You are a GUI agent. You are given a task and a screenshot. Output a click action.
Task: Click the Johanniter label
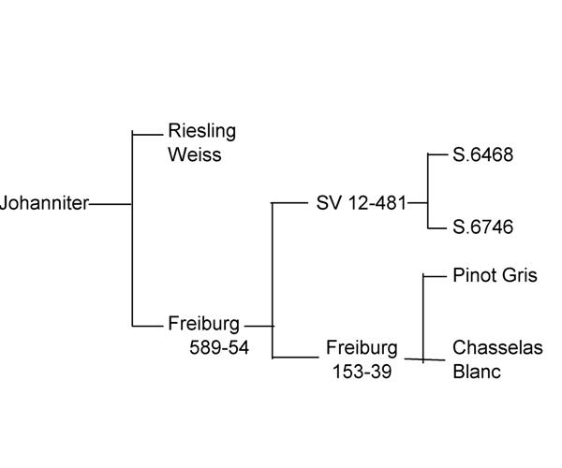point(44,203)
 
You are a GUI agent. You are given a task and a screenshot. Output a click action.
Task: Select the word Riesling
point(201,131)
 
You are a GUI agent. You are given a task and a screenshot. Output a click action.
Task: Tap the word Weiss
point(194,154)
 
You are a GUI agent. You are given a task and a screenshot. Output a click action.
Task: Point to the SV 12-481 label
point(362,203)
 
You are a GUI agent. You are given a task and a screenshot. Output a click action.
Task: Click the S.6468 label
point(482,155)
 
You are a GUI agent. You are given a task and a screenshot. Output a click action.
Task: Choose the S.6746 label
point(482,227)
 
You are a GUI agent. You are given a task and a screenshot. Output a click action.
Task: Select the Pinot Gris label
point(495,275)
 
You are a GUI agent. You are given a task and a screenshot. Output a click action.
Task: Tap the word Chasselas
point(497,348)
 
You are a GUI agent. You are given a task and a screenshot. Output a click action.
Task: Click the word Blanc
point(477,372)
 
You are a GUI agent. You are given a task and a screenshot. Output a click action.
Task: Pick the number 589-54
point(218,349)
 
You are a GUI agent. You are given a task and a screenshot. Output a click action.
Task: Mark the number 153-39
point(362,372)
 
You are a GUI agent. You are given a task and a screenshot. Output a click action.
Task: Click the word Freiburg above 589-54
point(204,325)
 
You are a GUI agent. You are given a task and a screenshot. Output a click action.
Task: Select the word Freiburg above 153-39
point(362,348)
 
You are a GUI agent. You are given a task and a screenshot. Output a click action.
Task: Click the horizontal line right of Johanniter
point(111,203)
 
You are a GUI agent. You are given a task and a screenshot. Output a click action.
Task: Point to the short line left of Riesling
point(148,134)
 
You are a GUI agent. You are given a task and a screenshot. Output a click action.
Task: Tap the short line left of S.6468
point(438,154)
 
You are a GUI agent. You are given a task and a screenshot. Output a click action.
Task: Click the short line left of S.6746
point(438,227)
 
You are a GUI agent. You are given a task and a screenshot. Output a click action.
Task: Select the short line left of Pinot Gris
point(436,275)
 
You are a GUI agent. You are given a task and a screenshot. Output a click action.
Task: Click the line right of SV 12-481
point(418,202)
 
